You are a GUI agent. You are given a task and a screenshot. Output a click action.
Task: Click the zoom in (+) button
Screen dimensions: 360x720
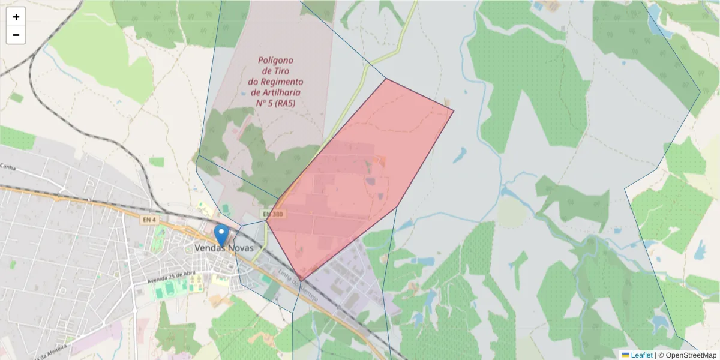click(16, 17)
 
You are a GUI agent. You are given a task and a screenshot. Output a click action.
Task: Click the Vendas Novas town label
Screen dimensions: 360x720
click(224, 248)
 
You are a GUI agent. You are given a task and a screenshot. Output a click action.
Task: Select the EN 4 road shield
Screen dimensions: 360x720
click(149, 220)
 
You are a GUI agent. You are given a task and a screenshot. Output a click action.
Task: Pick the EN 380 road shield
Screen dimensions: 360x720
click(272, 214)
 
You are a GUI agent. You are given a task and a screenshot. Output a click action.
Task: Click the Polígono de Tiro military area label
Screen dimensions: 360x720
click(276, 81)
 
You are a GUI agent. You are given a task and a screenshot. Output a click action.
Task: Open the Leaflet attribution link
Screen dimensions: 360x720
click(641, 355)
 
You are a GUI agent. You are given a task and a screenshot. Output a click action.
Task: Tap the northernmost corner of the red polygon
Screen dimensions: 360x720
click(386, 79)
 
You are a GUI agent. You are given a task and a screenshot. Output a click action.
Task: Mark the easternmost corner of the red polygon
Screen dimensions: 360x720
click(454, 110)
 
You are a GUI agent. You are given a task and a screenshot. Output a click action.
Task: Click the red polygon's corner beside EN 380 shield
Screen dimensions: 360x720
click(266, 221)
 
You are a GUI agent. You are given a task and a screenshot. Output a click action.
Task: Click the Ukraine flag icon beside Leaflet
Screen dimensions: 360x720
click(625, 355)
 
